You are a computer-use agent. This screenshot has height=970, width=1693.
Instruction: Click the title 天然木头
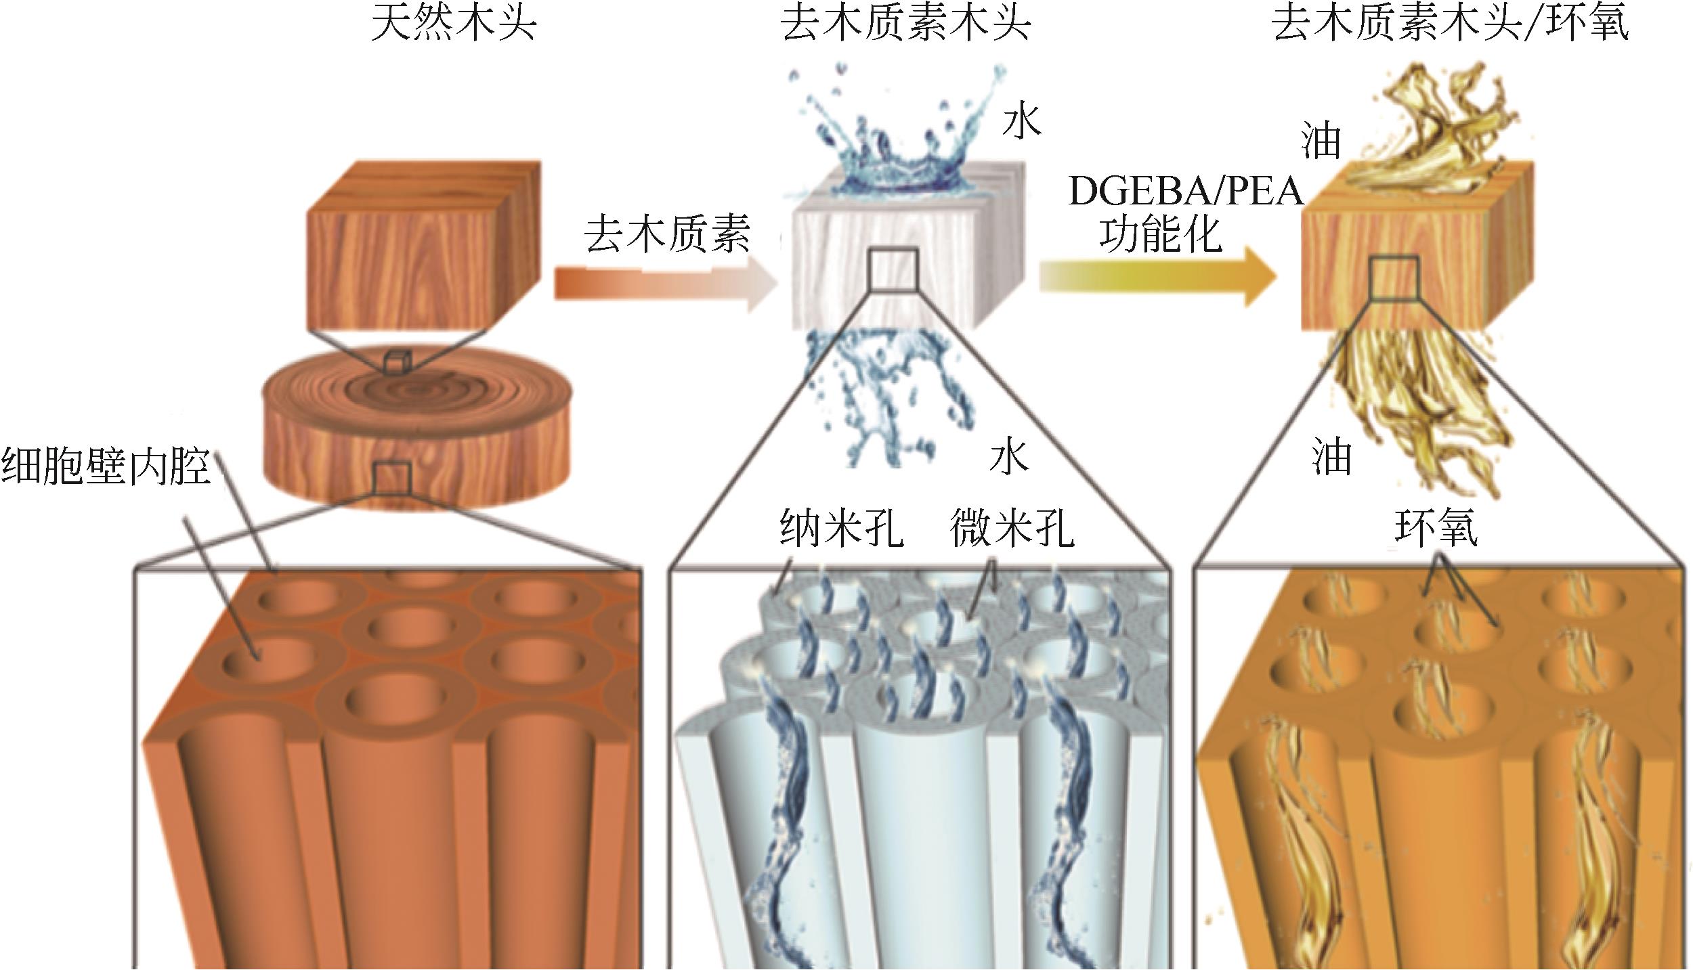pyautogui.click(x=454, y=23)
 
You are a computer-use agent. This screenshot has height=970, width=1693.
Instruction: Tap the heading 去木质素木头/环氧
pyautogui.click(x=1450, y=23)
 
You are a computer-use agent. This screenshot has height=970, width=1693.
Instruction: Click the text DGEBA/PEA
pyautogui.click(x=1186, y=192)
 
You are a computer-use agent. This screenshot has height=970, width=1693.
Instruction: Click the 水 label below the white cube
pyautogui.click(x=1009, y=456)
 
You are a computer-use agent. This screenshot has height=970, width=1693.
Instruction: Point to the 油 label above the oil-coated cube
pyautogui.click(x=1321, y=141)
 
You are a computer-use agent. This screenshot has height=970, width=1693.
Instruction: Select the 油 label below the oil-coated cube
pyautogui.click(x=1331, y=456)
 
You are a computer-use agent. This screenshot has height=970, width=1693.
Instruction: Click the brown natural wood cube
pyautogui.click(x=423, y=250)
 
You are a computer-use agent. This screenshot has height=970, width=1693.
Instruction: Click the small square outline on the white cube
pyautogui.click(x=893, y=269)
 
